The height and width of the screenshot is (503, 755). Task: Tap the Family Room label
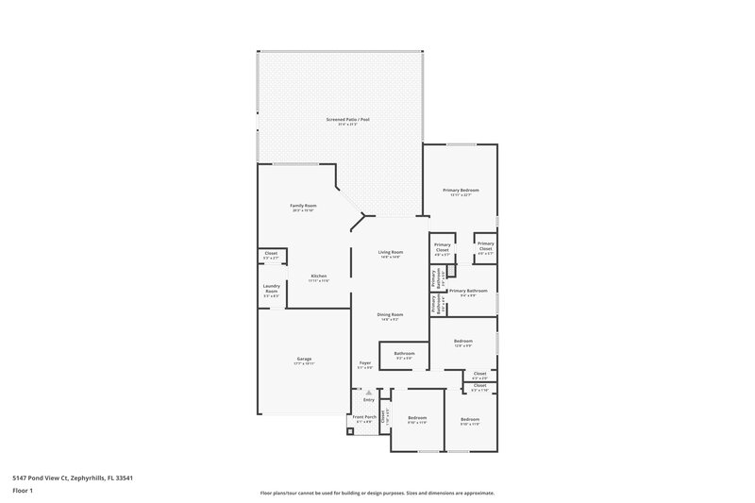(303, 206)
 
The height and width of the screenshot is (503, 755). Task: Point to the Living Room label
(391, 252)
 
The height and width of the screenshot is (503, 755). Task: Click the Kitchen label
(319, 276)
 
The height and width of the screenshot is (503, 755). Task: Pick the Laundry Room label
(271, 289)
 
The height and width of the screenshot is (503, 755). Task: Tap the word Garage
(305, 358)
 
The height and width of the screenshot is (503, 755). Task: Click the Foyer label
(364, 362)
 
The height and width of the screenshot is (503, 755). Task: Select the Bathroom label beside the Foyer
(404, 355)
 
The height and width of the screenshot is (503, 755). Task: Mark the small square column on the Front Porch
(350, 431)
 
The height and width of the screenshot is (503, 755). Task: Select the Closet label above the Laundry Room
(271, 253)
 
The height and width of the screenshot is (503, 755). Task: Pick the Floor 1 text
(22, 492)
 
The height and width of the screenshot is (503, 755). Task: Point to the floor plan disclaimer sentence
(377, 493)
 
